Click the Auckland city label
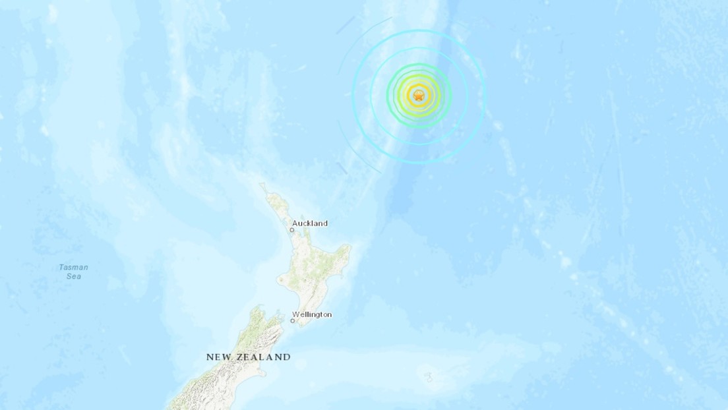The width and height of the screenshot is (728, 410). (309, 223)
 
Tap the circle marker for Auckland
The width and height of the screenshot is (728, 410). (291, 230)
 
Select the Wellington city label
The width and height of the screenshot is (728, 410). (313, 314)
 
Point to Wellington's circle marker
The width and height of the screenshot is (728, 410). (293, 321)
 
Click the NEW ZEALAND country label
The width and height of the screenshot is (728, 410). (248, 357)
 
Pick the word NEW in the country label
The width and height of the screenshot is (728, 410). (218, 357)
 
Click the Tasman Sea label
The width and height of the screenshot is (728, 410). (73, 272)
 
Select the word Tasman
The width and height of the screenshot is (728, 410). (73, 267)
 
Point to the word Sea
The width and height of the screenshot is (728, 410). (73, 277)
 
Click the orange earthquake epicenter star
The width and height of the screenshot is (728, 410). (419, 96)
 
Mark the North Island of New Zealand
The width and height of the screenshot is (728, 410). (310, 264)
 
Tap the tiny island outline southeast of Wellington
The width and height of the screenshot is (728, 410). (429, 377)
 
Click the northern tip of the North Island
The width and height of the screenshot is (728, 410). (262, 185)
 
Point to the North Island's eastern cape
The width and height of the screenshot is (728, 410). (349, 249)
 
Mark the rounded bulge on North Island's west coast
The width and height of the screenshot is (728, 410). (282, 279)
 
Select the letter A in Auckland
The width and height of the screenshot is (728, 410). (294, 223)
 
